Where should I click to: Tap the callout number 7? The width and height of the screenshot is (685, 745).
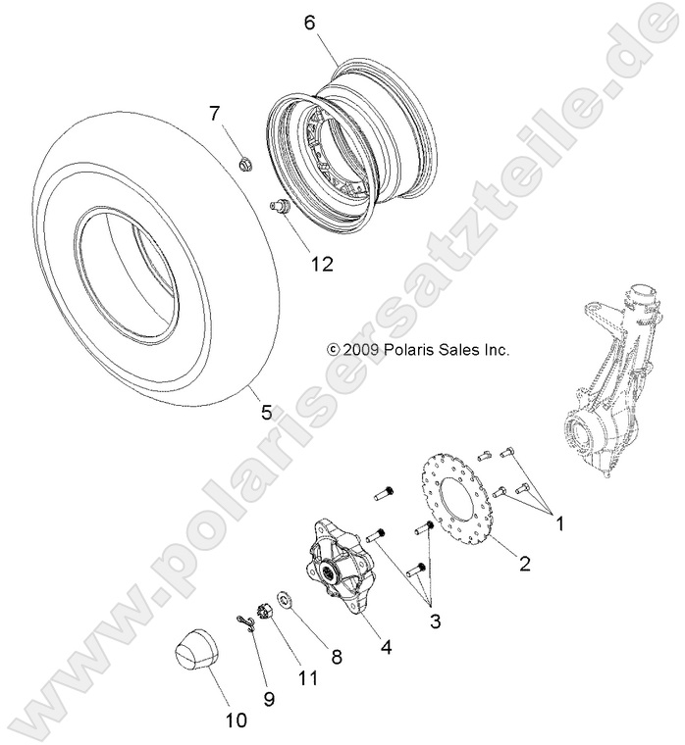(215, 115)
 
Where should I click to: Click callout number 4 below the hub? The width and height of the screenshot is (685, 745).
(387, 647)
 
